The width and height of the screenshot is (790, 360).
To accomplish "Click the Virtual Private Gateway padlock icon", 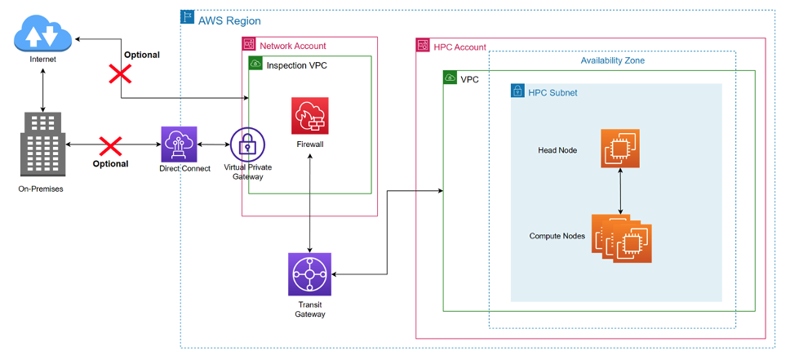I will (x=247, y=144).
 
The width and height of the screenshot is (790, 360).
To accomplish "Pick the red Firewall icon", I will (x=309, y=116).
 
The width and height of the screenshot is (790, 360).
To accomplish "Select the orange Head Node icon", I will (x=621, y=148).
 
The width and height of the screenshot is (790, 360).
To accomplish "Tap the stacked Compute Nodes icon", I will (x=623, y=238).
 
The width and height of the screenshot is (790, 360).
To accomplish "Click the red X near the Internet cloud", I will (x=121, y=74).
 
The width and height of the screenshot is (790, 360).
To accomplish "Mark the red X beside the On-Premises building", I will (x=110, y=147).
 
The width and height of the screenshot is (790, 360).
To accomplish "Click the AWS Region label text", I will (x=229, y=20).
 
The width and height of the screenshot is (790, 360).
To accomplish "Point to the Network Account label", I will (x=292, y=46).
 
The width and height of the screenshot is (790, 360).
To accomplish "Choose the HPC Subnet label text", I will (x=553, y=92).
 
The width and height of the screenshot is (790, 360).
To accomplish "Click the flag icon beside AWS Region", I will (x=186, y=17).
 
